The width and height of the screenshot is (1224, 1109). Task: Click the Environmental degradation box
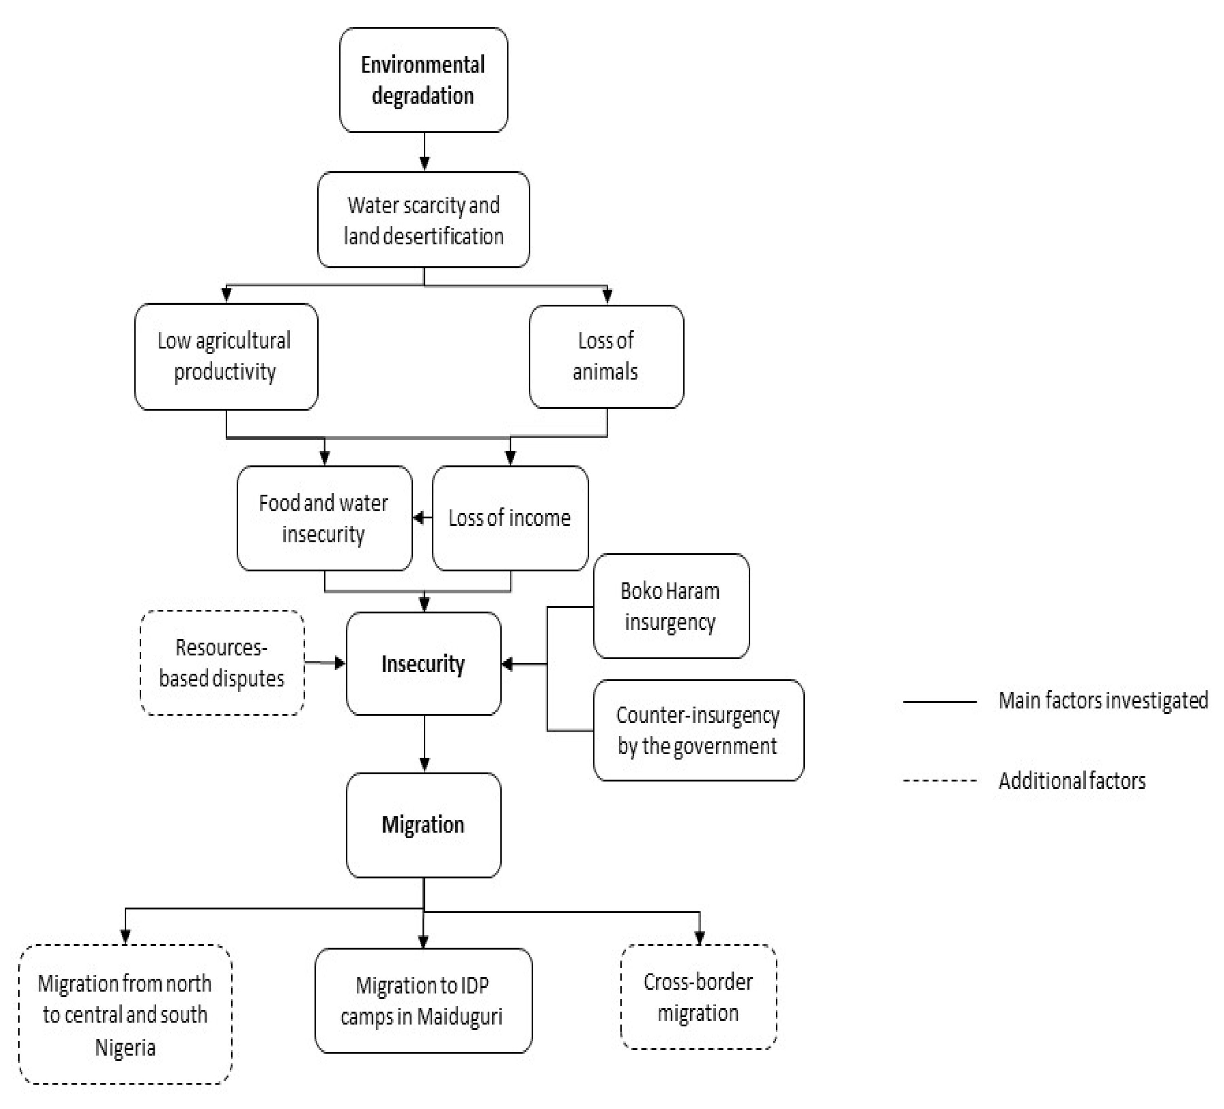pyautogui.click(x=423, y=80)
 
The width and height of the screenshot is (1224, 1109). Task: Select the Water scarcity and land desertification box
pyautogui.click(x=423, y=220)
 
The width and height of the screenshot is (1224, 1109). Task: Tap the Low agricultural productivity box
pyautogui.click(x=226, y=356)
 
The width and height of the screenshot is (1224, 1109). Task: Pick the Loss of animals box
pyautogui.click(x=606, y=356)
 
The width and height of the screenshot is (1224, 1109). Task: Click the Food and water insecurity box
pyautogui.click(x=324, y=518)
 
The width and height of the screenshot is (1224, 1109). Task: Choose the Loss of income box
pyautogui.click(x=510, y=518)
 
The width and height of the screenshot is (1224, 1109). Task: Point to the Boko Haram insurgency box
pyautogui.click(x=671, y=606)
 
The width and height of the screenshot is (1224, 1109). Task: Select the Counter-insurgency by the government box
pyautogui.click(x=698, y=730)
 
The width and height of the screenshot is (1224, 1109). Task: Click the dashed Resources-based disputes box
pyautogui.click(x=222, y=663)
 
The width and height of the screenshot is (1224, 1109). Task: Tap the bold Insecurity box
pyautogui.click(x=423, y=664)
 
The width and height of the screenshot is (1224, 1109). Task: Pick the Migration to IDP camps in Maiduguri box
pyautogui.click(x=423, y=1001)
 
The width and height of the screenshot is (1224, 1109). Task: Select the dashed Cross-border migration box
pyautogui.click(x=699, y=997)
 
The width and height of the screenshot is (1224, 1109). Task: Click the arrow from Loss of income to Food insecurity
pyautogui.click(x=423, y=518)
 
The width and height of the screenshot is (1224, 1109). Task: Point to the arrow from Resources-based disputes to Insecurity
pyautogui.click(x=325, y=663)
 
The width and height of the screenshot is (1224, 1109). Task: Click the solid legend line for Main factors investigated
pyautogui.click(x=939, y=702)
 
